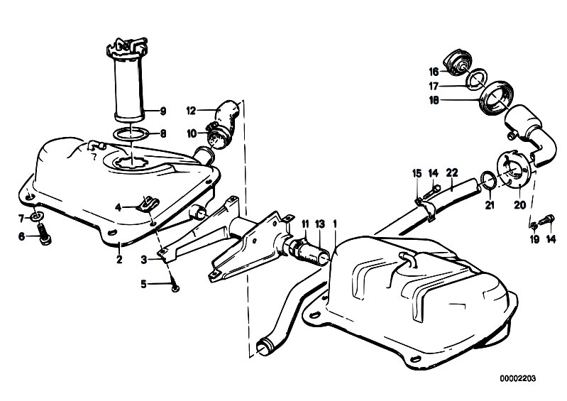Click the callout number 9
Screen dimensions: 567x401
pyautogui.click(x=163, y=111)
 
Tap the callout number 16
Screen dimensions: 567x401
pyautogui.click(x=434, y=72)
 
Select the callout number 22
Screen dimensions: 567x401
pyautogui.click(x=451, y=172)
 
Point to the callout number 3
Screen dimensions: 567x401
pyautogui.click(x=144, y=259)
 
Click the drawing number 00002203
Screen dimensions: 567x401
pyautogui.click(x=518, y=378)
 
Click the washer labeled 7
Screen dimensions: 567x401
pyautogui.click(x=36, y=217)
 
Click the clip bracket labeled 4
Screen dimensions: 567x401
pyautogui.click(x=148, y=204)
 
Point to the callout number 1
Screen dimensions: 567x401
pyautogui.click(x=335, y=224)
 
